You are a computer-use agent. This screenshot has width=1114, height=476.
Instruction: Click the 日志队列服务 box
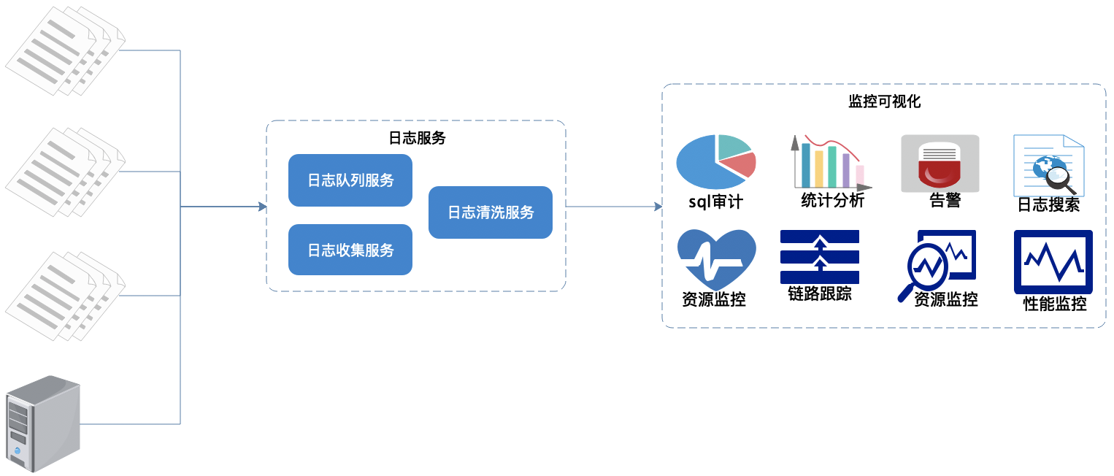(350, 180)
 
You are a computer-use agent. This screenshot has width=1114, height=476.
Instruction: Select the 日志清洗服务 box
(491, 212)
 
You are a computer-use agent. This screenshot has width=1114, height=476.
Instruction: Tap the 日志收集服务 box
(350, 250)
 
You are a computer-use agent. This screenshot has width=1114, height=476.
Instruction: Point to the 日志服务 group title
(416, 138)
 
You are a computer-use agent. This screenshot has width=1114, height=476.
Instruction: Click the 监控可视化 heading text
(884, 101)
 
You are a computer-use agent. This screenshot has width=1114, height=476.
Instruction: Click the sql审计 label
(715, 202)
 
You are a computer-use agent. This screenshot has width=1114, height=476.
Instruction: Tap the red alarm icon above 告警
(940, 164)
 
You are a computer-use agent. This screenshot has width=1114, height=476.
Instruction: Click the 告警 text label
(945, 201)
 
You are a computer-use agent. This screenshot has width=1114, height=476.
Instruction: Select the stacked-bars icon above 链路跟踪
(820, 256)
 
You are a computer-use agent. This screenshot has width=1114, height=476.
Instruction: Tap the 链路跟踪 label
(820, 293)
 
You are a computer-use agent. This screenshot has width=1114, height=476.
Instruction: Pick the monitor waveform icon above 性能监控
(1053, 261)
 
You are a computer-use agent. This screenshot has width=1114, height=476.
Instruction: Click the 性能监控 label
(1055, 304)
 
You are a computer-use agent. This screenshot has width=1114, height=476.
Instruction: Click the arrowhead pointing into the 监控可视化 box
(658, 207)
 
